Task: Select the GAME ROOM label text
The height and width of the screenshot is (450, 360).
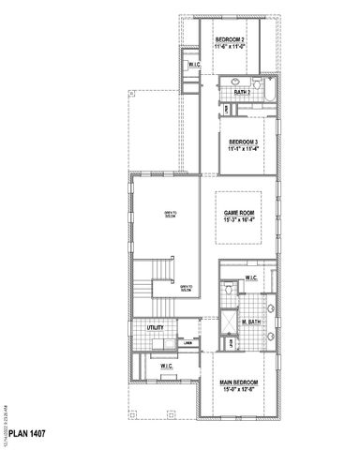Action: tap(239, 214)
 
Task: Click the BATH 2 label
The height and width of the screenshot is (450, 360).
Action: tap(241, 93)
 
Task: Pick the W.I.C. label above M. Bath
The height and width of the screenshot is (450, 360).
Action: tap(250, 278)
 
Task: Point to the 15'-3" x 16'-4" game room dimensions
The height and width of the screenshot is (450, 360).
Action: tap(239, 222)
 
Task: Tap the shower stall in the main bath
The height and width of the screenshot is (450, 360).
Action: tap(227, 331)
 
